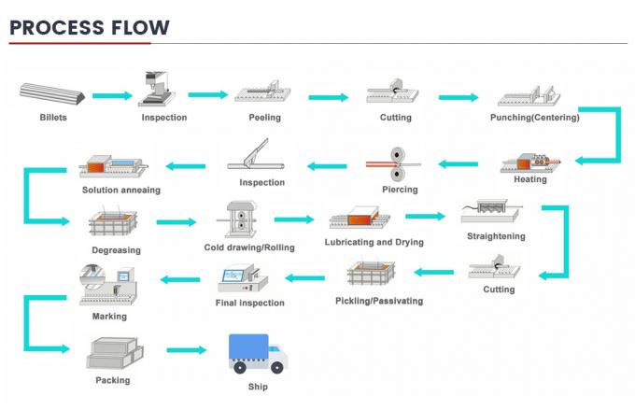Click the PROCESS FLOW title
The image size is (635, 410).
click(x=90, y=26)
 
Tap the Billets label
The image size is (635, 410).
click(x=54, y=118)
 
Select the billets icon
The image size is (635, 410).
click(x=54, y=94)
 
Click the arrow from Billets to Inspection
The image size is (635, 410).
click(x=112, y=95)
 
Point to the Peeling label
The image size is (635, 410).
click(x=264, y=118)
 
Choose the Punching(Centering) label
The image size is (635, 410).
click(x=534, y=118)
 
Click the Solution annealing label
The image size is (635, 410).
click(x=120, y=190)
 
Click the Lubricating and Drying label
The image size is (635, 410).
click(x=374, y=242)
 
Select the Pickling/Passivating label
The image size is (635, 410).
click(x=379, y=301)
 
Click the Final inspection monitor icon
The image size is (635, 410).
click(x=239, y=279)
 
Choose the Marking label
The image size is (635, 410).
click(x=111, y=317)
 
